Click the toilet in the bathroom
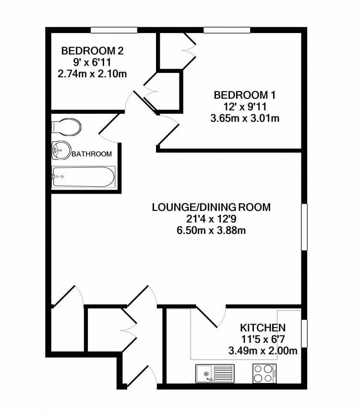pos(66,127)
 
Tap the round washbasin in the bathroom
pos(61,150)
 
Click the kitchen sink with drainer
pos(215,373)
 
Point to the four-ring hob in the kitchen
pos(264,373)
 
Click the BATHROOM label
pos(92,154)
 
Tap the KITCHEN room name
pos(263,327)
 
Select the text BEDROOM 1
pos(245,95)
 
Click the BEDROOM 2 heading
pos(92,50)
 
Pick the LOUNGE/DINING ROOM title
pos(211,207)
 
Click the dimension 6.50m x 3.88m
pos(211,230)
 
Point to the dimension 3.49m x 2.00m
pos(263,351)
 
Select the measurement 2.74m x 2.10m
pos(92,73)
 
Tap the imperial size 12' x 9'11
pos(245,107)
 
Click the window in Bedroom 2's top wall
pos(114,30)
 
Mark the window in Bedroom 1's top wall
pos(227,30)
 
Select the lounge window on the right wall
pos(304,227)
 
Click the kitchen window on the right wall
pos(304,333)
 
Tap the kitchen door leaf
pos(207,316)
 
